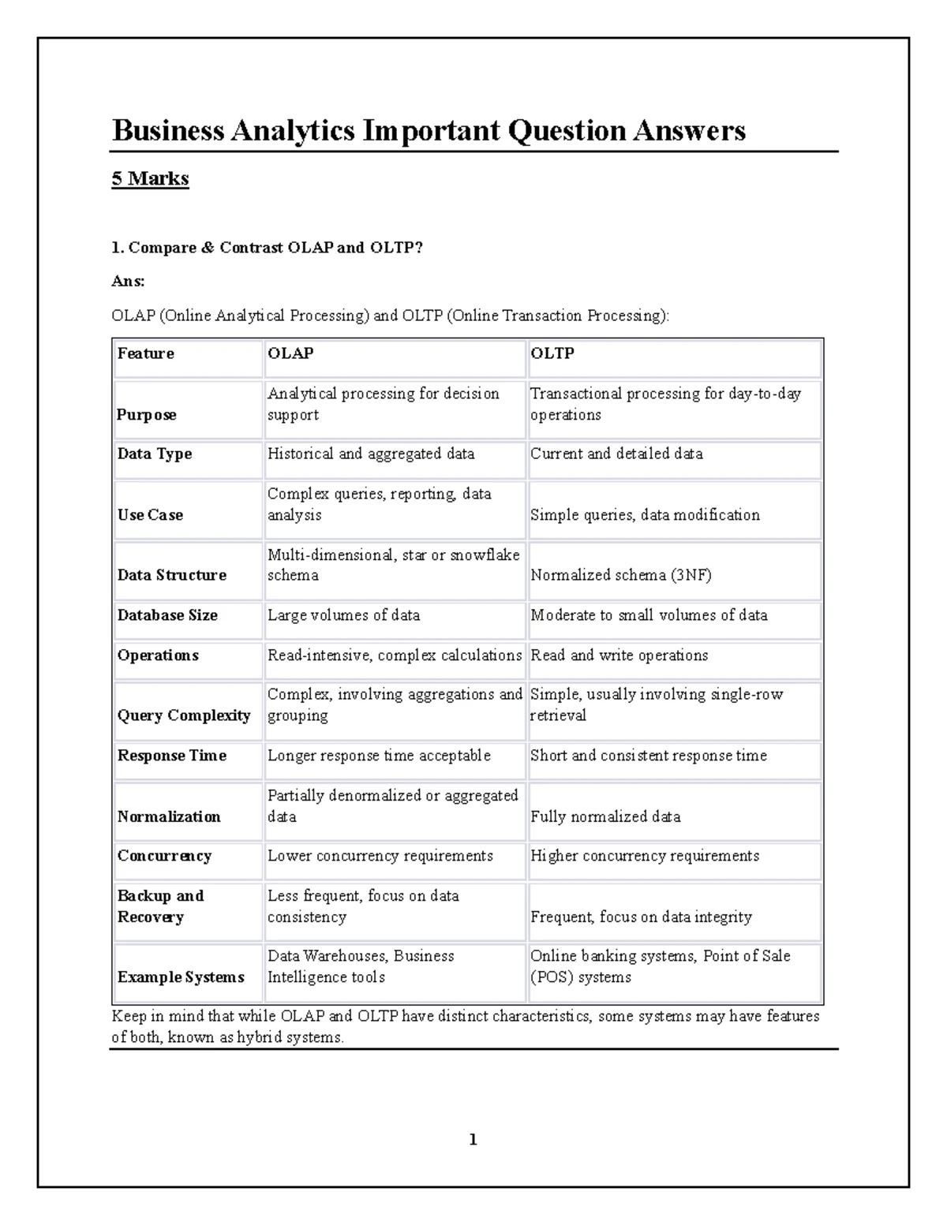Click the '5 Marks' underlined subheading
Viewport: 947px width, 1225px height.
point(150,178)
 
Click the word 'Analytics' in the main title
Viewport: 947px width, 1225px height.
point(292,130)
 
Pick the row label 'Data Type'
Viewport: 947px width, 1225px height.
point(155,454)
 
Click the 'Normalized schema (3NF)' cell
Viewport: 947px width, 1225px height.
point(621,575)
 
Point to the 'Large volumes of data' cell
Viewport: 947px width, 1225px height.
point(343,615)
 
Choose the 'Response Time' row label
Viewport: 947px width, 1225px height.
point(172,756)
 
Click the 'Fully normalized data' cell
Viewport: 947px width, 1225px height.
point(605,816)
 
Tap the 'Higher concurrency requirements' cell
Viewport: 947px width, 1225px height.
point(645,856)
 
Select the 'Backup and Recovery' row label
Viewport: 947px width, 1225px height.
point(160,906)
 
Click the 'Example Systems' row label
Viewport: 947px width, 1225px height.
point(181,977)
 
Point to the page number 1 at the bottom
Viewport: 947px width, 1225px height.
point(473,1139)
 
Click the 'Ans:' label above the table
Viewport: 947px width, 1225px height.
point(128,281)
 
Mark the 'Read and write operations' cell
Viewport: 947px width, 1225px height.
point(619,655)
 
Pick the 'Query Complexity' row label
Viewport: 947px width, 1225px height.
point(184,715)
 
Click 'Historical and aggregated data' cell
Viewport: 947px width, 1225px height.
point(371,454)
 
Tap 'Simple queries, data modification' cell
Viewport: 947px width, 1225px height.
point(645,515)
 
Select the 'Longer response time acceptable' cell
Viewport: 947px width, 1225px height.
point(379,756)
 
